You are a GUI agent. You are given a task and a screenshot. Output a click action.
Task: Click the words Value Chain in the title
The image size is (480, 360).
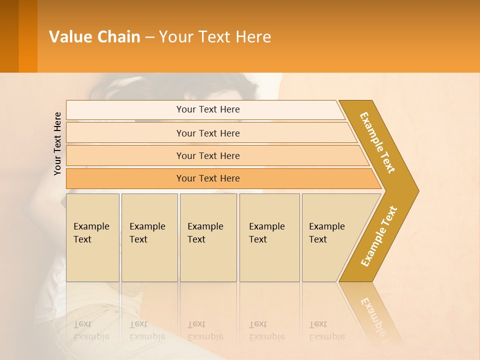click(94, 36)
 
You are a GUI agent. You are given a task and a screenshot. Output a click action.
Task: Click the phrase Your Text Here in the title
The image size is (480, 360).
click(215, 36)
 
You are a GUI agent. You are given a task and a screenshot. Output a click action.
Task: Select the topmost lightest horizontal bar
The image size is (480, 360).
click(205, 109)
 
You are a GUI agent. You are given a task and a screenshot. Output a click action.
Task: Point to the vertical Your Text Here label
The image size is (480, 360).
click(57, 143)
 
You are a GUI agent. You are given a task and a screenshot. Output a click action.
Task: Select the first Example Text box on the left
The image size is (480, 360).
click(92, 237)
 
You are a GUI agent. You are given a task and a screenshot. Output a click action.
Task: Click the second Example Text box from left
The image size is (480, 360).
click(149, 237)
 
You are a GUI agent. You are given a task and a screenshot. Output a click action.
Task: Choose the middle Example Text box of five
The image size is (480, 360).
click(208, 237)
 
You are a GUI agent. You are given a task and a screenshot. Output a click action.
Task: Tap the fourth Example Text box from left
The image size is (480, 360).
click(269, 237)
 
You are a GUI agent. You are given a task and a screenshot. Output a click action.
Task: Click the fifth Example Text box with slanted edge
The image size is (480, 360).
click(330, 237)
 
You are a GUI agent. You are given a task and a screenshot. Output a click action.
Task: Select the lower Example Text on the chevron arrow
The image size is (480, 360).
click(378, 236)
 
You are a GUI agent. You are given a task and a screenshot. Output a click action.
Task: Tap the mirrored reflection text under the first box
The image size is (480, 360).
click(91, 330)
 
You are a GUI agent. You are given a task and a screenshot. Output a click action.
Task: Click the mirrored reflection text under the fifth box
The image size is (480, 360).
click(327, 330)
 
